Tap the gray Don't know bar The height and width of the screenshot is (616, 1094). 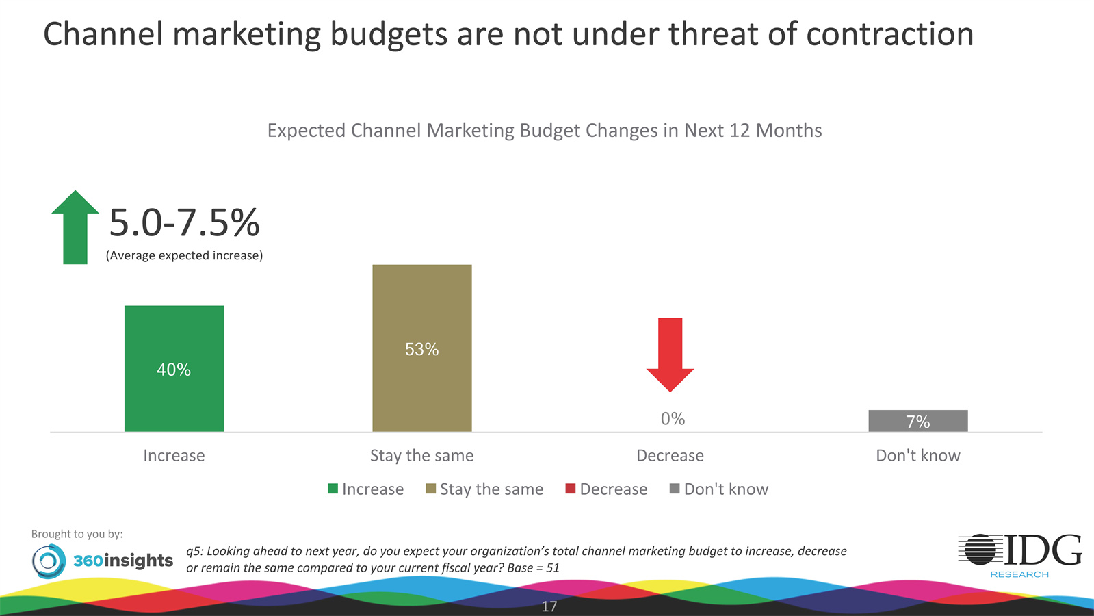click(x=917, y=421)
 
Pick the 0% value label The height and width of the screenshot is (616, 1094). click(x=673, y=419)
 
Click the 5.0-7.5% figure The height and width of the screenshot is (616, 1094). click(x=184, y=223)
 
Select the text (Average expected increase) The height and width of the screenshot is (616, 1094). click(x=184, y=255)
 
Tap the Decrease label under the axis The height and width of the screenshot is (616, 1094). click(x=670, y=456)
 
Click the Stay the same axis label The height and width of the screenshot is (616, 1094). click(x=421, y=456)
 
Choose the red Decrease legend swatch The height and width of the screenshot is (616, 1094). click(x=571, y=489)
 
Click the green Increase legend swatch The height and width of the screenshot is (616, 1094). click(x=333, y=489)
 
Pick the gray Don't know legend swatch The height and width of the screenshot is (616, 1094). click(x=675, y=489)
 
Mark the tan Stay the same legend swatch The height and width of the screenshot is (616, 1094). click(x=431, y=489)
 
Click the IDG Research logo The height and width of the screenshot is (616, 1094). click(x=1019, y=555)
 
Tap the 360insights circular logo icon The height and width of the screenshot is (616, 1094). click(x=49, y=561)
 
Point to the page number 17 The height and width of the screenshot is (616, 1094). click(x=549, y=606)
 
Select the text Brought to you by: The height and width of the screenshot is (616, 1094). click(x=77, y=534)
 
